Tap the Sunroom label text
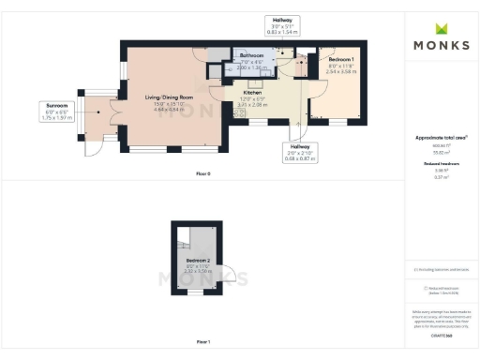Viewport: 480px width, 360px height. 52,105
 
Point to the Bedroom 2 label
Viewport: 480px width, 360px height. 198,258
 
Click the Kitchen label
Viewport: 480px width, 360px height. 252,93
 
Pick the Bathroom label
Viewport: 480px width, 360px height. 252,57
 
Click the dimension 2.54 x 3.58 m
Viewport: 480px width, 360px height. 337,71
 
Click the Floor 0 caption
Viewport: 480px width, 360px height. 203,172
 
